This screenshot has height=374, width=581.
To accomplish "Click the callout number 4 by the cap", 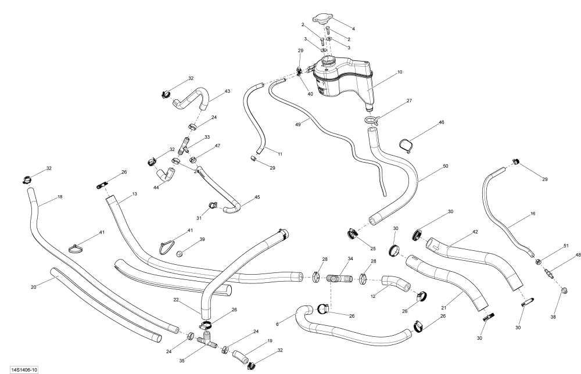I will tap(353, 28).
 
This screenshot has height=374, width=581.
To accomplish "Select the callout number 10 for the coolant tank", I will tap(400, 73).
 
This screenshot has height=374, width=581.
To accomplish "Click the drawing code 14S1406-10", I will tap(20, 369).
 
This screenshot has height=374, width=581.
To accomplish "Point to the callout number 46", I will tap(441, 123).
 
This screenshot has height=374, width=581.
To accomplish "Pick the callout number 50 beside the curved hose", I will tap(446, 166).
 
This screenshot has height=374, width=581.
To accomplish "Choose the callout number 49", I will tap(298, 124).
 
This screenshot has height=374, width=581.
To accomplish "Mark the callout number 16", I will tap(532, 214).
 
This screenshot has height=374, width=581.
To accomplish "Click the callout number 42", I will tap(475, 231).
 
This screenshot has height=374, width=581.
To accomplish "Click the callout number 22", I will tap(175, 300).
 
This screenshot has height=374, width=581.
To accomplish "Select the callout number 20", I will tap(33, 286).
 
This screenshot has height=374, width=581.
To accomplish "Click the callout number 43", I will tap(227, 91).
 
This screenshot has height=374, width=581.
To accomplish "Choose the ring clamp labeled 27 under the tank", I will tap(370, 120).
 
